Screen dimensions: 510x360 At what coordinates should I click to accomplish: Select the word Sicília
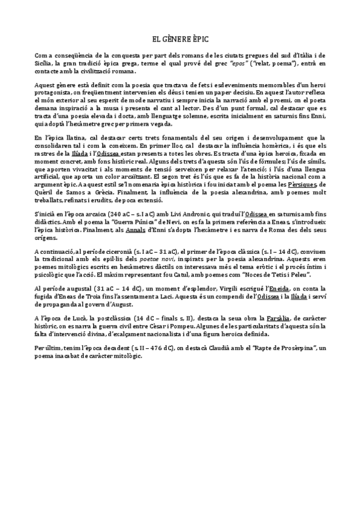point(45,63)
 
